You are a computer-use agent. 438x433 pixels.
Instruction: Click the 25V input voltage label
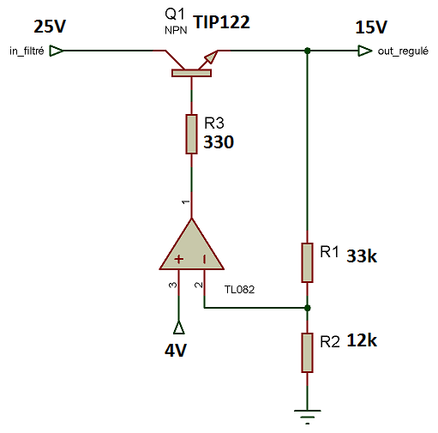(x=50, y=27)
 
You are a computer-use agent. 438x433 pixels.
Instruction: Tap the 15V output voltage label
(x=371, y=27)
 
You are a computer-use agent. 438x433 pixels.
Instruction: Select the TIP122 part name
(x=222, y=22)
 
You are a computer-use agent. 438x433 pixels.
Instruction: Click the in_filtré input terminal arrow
(x=57, y=51)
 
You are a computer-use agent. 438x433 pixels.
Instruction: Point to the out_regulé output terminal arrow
(x=365, y=51)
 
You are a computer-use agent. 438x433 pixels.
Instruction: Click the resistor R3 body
(x=191, y=134)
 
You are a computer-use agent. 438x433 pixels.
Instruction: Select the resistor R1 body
(x=307, y=262)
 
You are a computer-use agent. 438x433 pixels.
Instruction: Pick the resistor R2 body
(x=307, y=352)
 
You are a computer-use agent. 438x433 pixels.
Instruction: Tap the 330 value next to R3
(x=219, y=142)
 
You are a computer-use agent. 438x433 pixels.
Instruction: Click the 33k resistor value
(x=362, y=256)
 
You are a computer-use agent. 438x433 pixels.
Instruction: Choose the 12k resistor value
(x=362, y=340)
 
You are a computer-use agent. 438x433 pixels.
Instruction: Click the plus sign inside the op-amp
(x=179, y=259)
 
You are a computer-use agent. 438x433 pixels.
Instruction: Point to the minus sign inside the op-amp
(x=204, y=259)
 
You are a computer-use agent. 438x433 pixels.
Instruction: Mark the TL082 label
(x=239, y=290)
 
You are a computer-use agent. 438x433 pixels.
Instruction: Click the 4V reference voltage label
(x=176, y=351)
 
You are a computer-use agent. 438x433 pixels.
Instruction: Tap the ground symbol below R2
(x=308, y=417)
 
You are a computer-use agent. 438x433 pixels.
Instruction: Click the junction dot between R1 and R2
(x=308, y=308)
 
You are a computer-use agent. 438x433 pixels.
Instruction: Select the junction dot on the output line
(x=308, y=51)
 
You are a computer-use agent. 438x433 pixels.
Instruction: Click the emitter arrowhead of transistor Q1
(x=212, y=57)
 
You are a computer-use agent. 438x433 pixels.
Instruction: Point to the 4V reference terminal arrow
(x=179, y=328)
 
